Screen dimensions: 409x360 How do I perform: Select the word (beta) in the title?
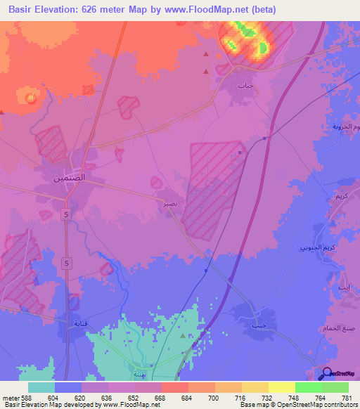pos(259,10)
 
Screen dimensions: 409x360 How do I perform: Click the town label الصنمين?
pos(70,178)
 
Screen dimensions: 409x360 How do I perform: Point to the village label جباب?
pos(244,85)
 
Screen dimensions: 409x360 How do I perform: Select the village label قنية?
pos(82,324)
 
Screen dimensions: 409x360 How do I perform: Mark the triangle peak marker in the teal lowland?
pos(182,336)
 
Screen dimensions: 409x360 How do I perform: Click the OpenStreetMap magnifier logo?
pos(326,373)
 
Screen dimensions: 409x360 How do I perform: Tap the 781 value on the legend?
pos(347,397)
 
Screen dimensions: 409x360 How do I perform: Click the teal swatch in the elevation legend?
pos(41,387)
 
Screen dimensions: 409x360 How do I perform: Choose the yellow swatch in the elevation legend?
pos(281,387)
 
